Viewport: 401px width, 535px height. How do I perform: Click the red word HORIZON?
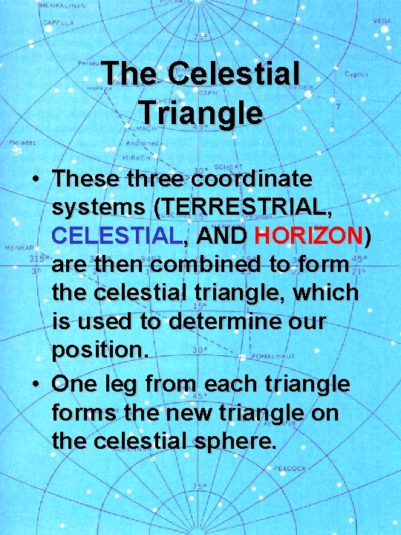tap(307, 236)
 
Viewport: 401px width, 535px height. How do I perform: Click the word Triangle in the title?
tap(200, 113)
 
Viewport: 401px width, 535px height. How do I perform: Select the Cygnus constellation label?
tap(356, 74)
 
